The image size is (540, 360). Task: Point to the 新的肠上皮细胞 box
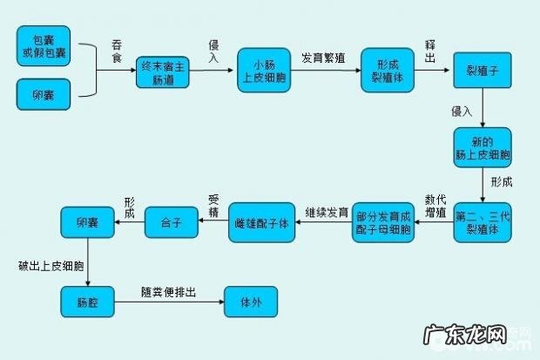click(482, 147)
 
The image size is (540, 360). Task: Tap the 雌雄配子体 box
click(262, 222)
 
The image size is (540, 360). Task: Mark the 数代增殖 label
click(435, 205)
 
